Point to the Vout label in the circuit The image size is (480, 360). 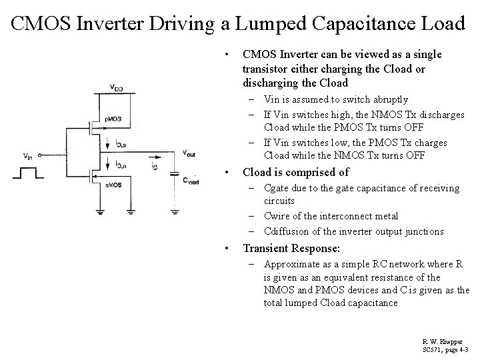(189, 153)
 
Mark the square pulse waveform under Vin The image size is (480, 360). (29, 174)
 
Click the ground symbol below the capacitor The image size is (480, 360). (175, 211)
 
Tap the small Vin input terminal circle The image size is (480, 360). (41, 156)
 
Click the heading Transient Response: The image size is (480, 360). (291, 248)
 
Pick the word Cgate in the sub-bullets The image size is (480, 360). (279, 188)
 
